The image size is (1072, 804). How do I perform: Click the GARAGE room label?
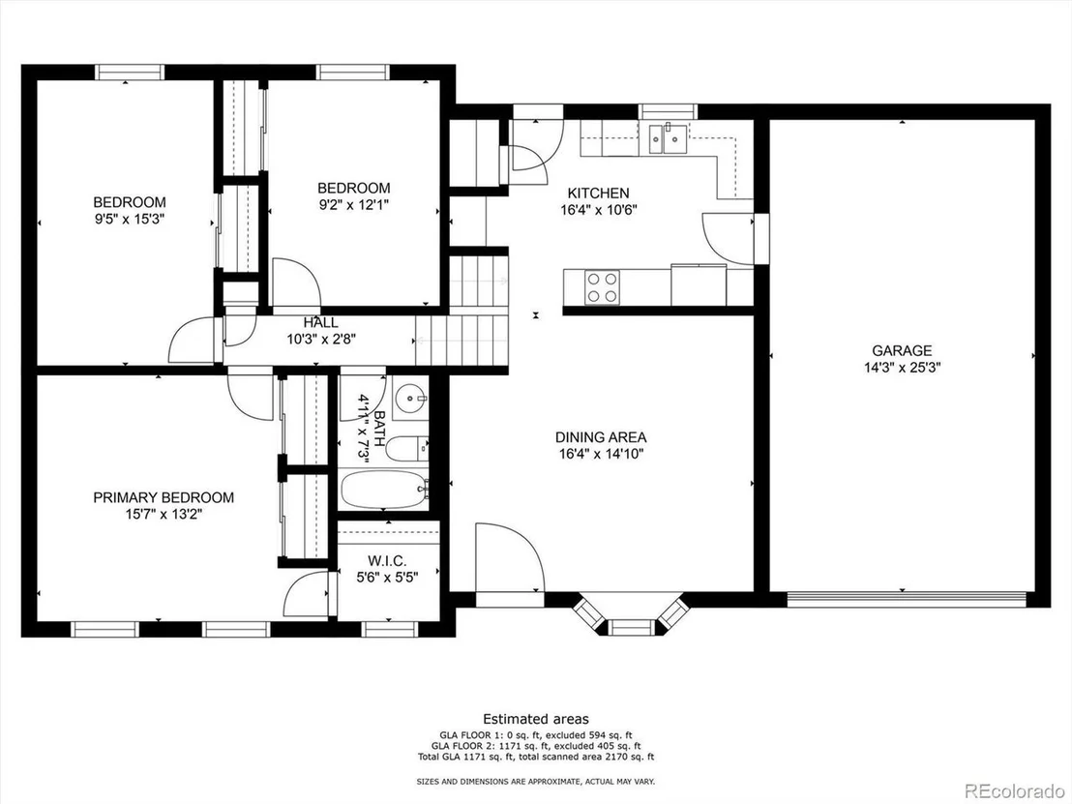click(902, 351)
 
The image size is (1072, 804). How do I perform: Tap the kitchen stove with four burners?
click(603, 287)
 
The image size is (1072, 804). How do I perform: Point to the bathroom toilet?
click(406, 449)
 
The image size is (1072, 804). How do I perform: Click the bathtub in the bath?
click(384, 489)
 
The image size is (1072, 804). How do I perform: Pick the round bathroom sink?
click(410, 398)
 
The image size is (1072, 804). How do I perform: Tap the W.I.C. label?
click(386, 561)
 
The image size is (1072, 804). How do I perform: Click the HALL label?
click(320, 323)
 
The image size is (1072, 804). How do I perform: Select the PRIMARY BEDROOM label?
click(164, 497)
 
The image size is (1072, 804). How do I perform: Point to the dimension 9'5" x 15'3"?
click(130, 220)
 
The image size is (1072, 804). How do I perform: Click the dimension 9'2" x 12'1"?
click(353, 204)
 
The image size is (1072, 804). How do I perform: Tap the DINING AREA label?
click(600, 437)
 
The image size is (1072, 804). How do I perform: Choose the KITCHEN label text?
click(598, 194)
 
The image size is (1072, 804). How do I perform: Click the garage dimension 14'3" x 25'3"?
click(902, 368)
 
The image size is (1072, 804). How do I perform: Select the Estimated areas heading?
click(536, 719)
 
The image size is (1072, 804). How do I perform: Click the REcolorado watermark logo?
click(1012, 791)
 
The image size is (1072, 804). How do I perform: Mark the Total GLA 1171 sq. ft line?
click(536, 758)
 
